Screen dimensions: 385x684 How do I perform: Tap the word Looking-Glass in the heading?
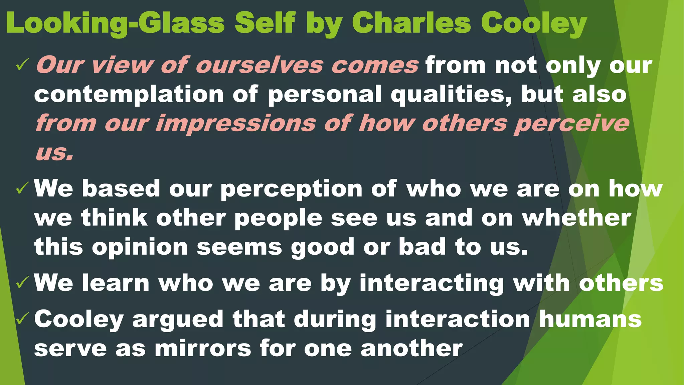(115, 23)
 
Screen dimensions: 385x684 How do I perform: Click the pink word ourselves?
(259, 65)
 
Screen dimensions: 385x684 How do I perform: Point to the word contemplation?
(129, 95)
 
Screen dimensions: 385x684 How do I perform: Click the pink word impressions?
(236, 124)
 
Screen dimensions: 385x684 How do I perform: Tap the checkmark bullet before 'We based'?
(23, 189)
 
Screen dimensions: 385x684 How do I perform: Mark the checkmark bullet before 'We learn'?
(23, 283)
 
